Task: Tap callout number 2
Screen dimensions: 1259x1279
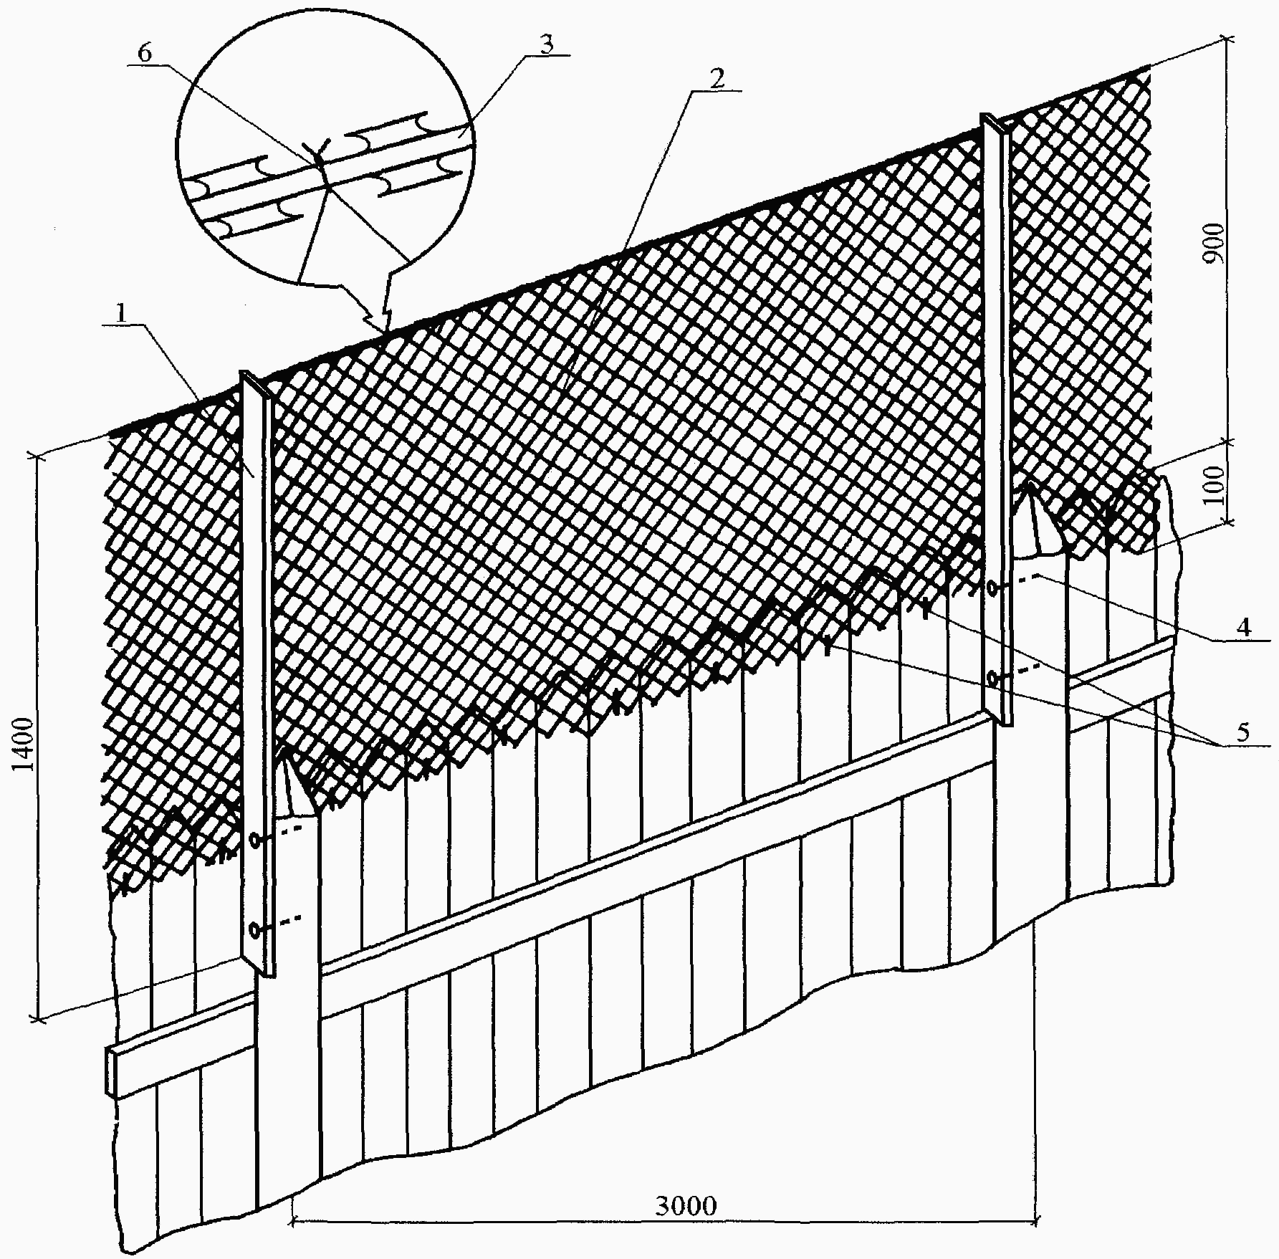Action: click(x=716, y=80)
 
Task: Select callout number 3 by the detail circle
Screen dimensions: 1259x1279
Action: click(x=545, y=44)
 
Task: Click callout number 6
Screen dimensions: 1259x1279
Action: click(x=145, y=55)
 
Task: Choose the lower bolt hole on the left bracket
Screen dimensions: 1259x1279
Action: click(x=256, y=929)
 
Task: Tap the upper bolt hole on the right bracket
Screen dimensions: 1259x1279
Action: click(x=992, y=588)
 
